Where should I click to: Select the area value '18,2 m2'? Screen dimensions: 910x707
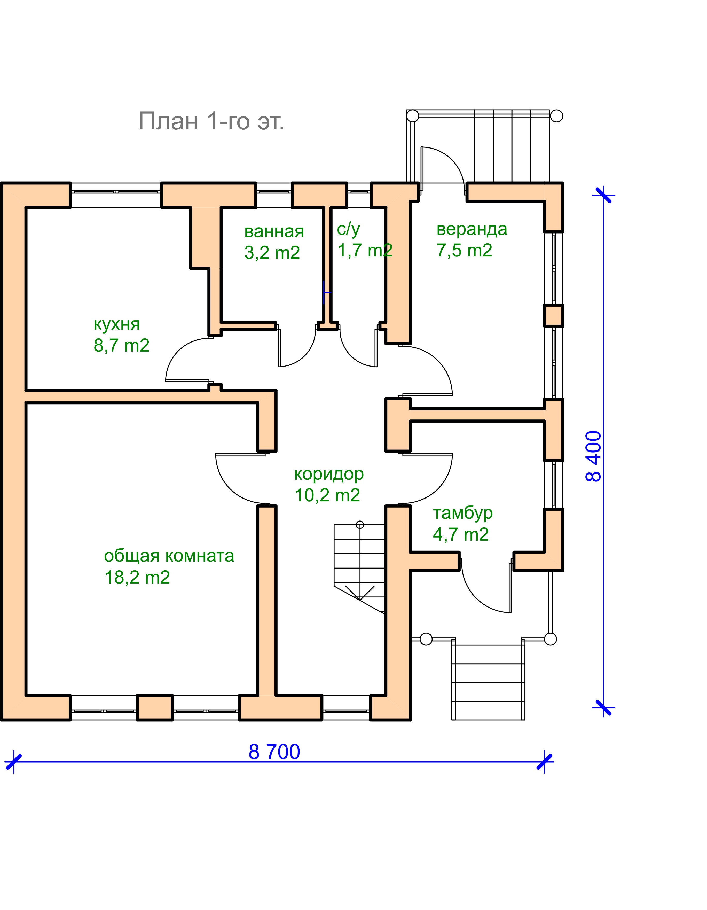tap(137, 578)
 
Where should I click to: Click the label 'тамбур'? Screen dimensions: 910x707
tap(462, 513)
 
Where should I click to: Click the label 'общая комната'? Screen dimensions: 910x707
tap(169, 556)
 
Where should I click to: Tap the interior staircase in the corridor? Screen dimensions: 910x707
tap(359, 563)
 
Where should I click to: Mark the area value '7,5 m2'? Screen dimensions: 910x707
tap(464, 250)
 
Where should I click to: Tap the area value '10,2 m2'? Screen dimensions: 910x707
tap(327, 495)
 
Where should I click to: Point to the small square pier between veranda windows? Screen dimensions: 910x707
tap(553, 315)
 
